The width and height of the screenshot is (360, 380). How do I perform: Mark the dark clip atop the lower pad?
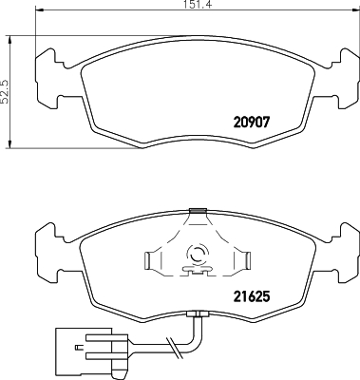198,211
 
